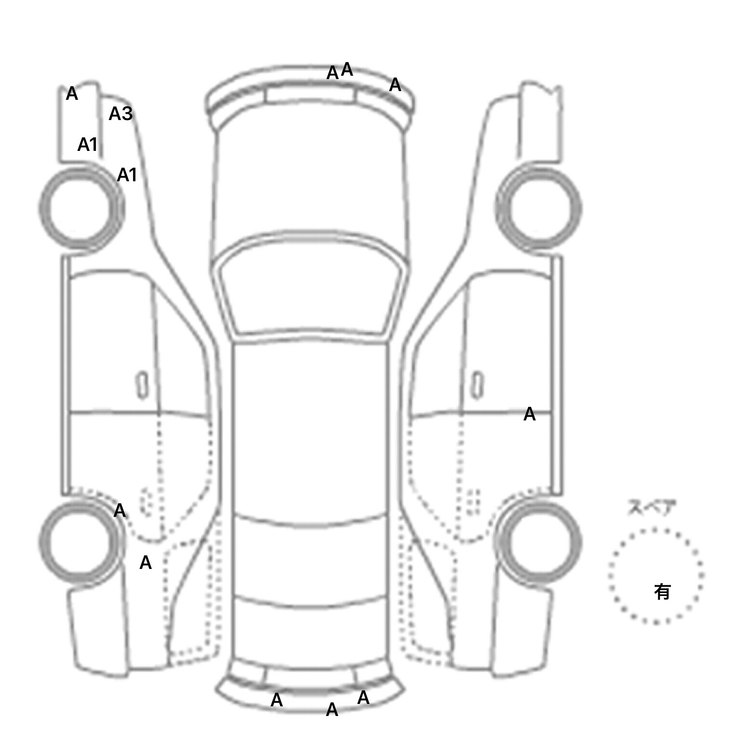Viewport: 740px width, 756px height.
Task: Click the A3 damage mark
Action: [x=120, y=114]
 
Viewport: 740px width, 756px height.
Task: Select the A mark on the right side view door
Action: [x=529, y=414]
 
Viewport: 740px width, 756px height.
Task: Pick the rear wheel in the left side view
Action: [x=80, y=541]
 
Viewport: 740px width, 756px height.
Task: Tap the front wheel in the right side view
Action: [x=538, y=209]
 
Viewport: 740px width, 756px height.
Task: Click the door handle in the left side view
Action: [x=142, y=385]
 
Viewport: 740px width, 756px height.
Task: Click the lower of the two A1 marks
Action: [x=127, y=175]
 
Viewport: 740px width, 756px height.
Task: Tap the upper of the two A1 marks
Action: [x=88, y=144]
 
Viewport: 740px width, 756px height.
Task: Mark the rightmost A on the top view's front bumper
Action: [x=395, y=85]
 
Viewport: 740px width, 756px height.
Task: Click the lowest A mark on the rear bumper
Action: [x=332, y=710]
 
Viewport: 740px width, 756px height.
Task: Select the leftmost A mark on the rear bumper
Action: [x=277, y=700]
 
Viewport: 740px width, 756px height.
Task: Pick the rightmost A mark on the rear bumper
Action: [x=363, y=698]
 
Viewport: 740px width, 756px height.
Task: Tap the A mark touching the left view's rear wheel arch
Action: [x=119, y=511]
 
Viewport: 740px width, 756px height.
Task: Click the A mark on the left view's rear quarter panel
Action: [x=145, y=562]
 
